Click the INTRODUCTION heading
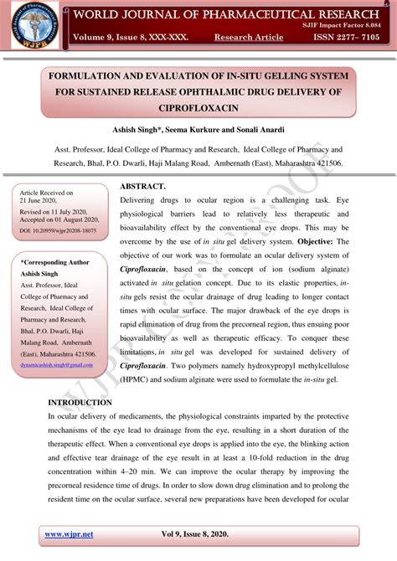(86, 403)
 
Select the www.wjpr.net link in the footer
(68, 534)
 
